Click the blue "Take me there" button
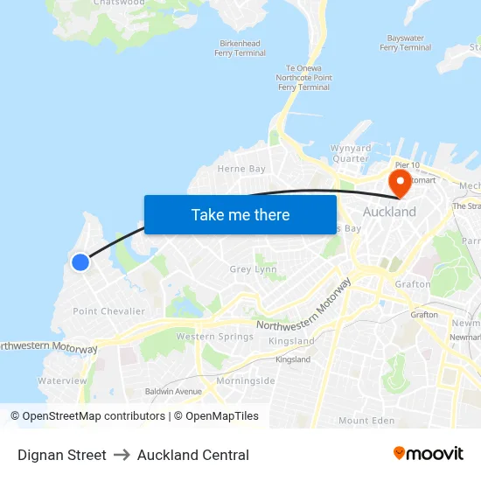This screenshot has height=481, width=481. (240, 214)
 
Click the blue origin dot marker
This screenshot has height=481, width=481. (80, 261)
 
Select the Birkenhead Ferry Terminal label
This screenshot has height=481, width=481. (240, 48)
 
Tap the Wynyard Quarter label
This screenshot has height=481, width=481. (350, 153)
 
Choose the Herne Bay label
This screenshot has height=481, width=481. (241, 168)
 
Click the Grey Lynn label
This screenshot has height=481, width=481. (253, 269)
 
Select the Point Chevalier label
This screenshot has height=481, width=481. (109, 311)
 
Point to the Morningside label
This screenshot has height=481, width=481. (246, 380)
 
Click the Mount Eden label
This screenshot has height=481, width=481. (366, 421)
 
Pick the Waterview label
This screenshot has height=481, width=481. (63, 380)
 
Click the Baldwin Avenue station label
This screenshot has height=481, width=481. (172, 391)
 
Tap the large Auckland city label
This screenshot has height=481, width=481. (389, 212)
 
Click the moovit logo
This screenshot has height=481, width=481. (429, 454)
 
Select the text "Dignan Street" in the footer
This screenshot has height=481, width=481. (62, 455)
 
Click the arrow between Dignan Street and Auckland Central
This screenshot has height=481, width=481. (122, 455)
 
